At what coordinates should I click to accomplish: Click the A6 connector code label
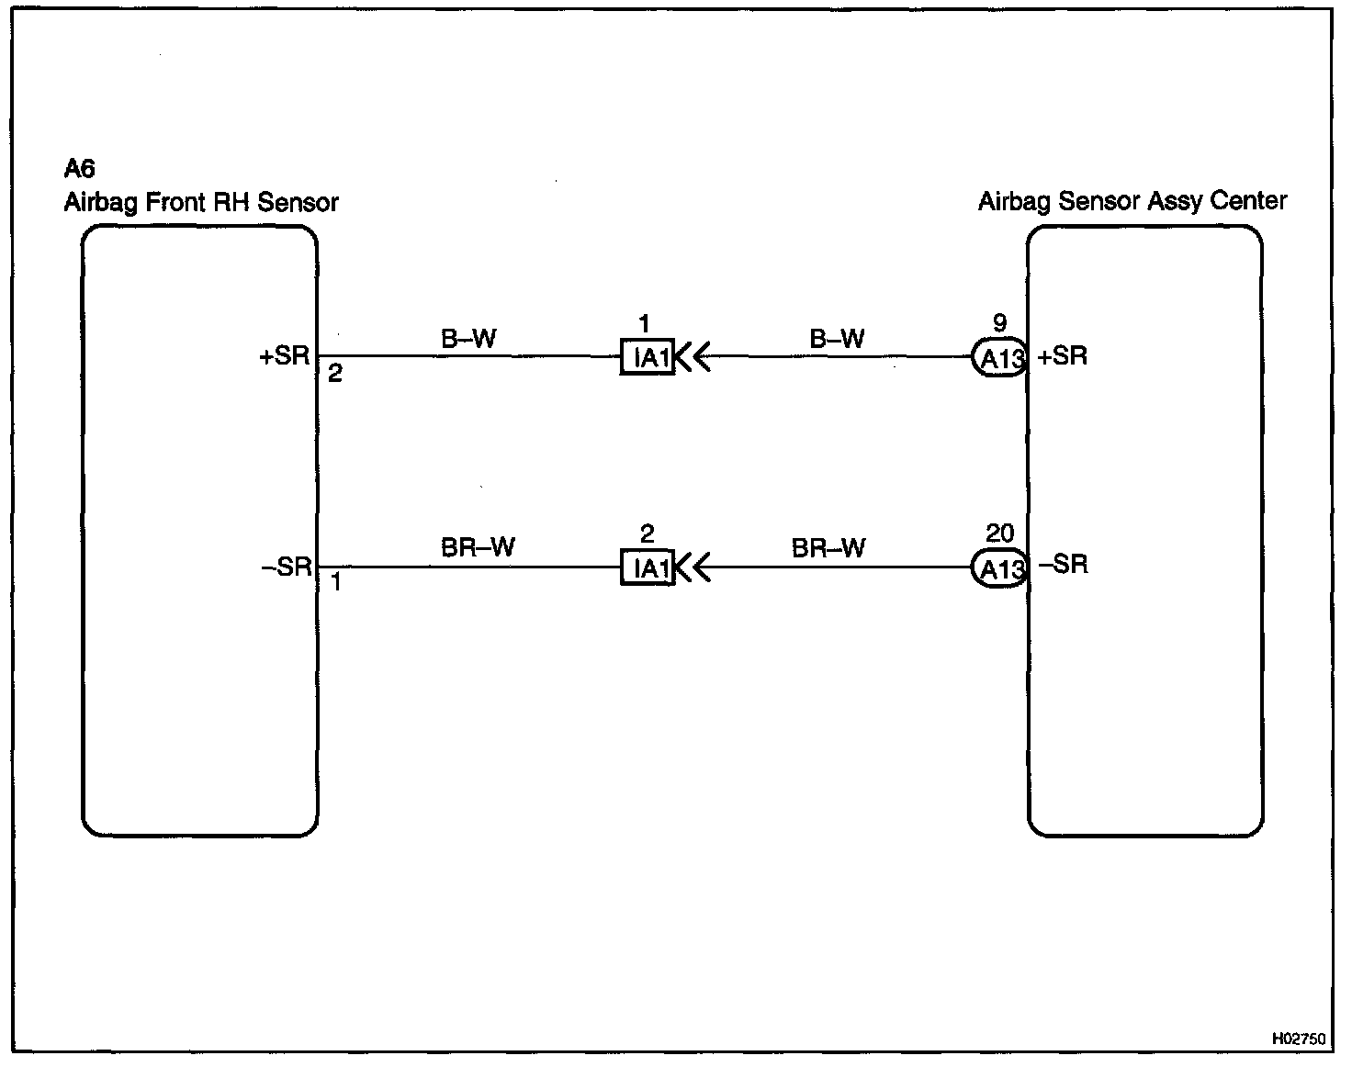coord(80,169)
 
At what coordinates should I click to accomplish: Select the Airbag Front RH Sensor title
coord(201,202)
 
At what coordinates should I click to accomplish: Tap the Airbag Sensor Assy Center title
coord(1132,201)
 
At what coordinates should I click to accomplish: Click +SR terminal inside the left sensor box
coord(286,356)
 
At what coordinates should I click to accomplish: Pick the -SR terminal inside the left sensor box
coord(287,567)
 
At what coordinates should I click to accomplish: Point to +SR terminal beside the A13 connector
coord(1063,356)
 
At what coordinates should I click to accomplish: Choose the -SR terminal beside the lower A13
coord(1064,564)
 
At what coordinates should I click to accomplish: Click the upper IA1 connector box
coord(648,357)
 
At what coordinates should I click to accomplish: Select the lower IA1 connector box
coord(648,567)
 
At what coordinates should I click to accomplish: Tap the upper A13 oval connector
coord(1000,358)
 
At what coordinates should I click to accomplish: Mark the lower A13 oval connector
coord(1000,569)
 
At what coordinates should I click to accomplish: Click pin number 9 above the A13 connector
coord(1000,323)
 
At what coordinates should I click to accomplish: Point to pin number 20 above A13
coord(999,533)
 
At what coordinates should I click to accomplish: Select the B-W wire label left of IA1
coord(468,339)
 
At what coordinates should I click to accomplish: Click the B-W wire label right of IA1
coord(837,339)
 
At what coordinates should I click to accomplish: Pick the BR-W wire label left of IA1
coord(478,547)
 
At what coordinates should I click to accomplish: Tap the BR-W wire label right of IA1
coord(828,548)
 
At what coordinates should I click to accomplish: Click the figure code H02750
coord(1299,1039)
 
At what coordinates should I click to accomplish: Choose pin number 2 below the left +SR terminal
coord(335,374)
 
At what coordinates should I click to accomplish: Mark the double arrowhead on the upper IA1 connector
coord(694,357)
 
